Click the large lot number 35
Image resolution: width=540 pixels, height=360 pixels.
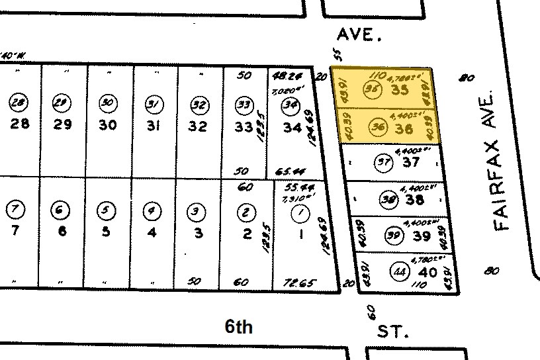(x=400, y=91)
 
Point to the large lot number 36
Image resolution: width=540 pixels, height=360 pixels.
(x=403, y=128)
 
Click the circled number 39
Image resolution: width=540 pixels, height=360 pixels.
(x=394, y=234)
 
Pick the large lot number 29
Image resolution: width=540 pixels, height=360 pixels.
(x=62, y=124)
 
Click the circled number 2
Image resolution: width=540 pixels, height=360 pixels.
(x=246, y=212)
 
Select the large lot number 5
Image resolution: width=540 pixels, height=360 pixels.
(x=106, y=232)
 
